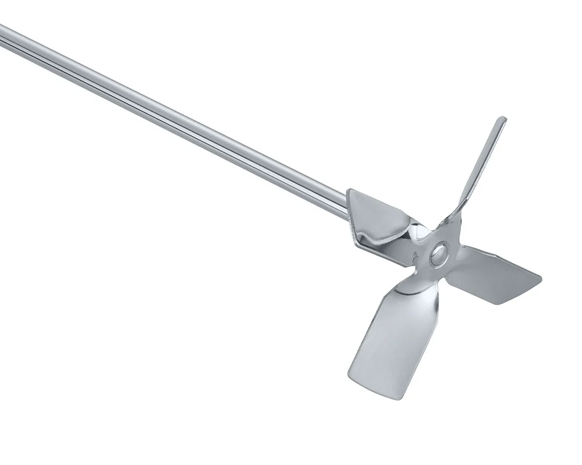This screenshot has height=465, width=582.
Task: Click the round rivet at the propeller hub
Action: click(x=438, y=253)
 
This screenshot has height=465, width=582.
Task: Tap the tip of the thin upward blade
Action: click(x=501, y=120)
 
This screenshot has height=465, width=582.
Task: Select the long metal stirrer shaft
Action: click(x=175, y=116)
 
